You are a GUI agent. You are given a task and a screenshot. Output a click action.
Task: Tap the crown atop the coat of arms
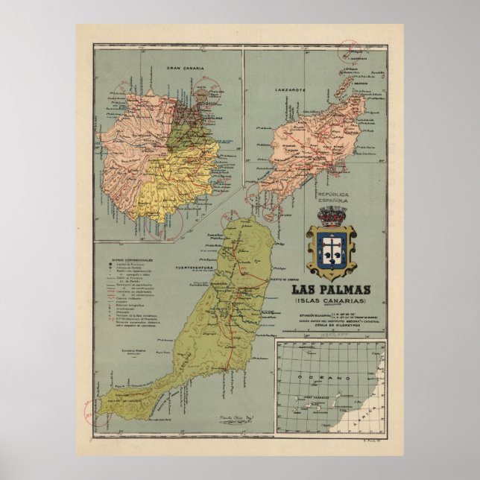coord(330,217)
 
